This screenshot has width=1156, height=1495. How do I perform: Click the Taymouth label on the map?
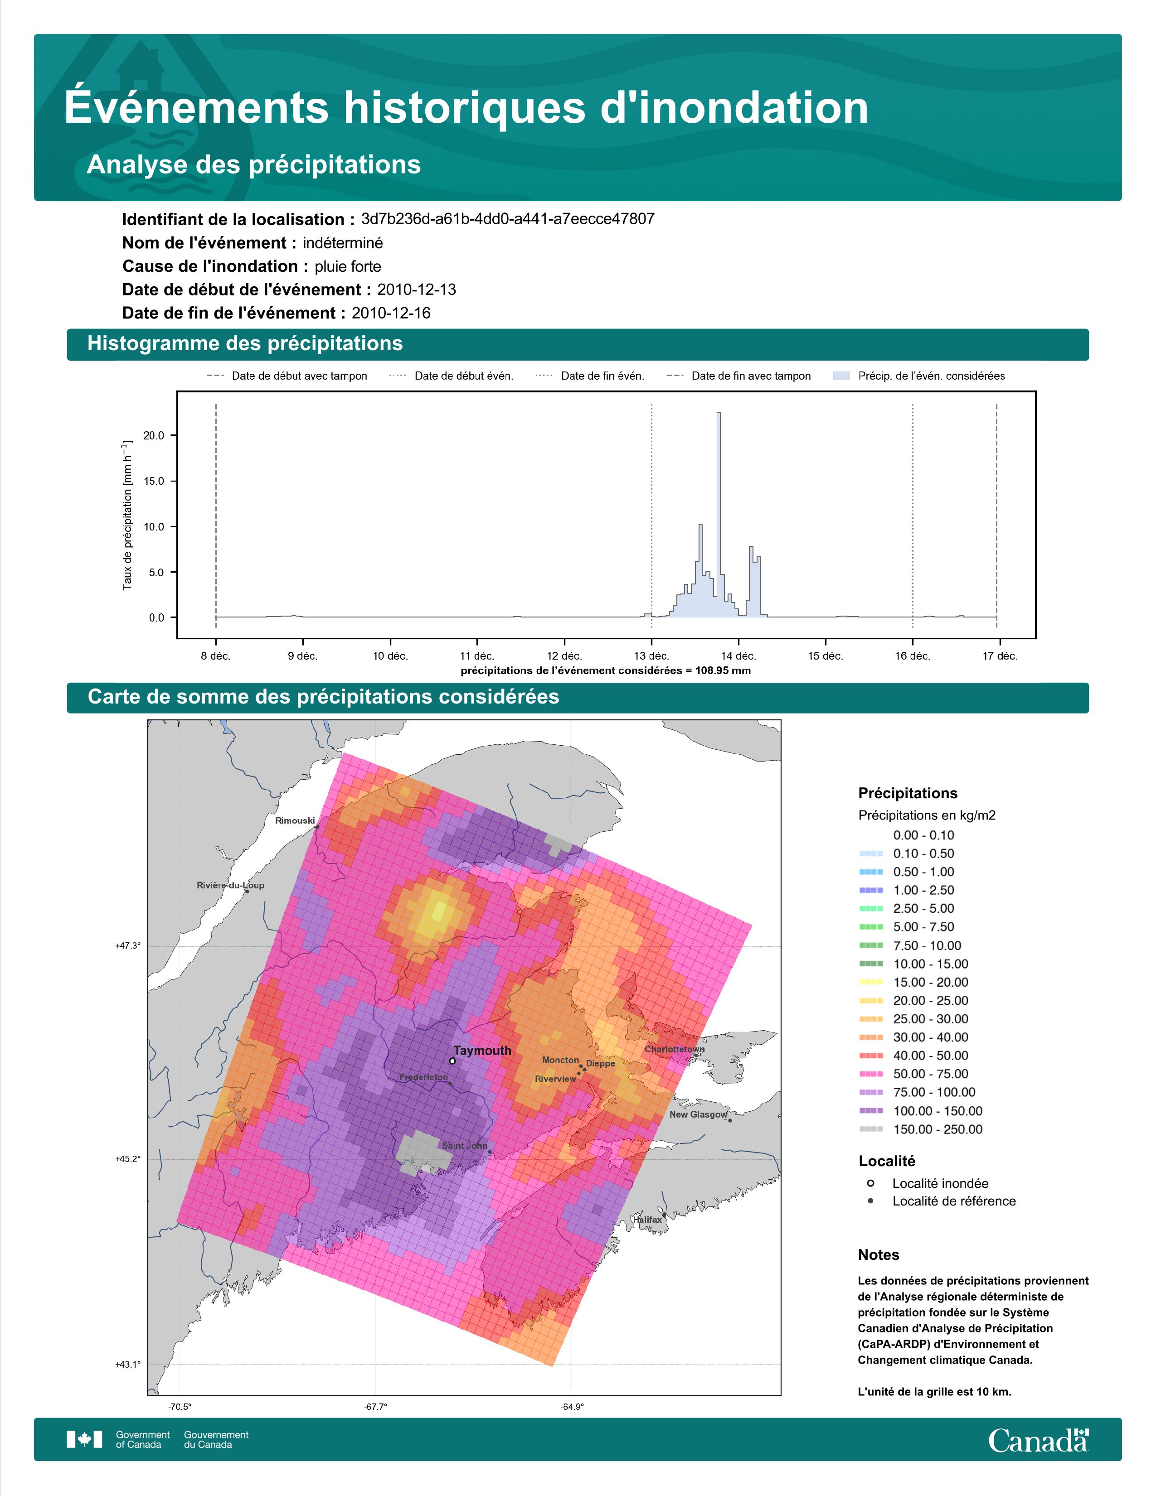(x=482, y=1051)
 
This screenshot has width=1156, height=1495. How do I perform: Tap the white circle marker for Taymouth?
(x=452, y=1061)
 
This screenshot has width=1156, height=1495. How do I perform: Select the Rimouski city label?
(x=295, y=821)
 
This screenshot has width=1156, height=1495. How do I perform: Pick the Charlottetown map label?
(x=675, y=1049)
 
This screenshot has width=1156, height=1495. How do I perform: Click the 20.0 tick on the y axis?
(x=155, y=435)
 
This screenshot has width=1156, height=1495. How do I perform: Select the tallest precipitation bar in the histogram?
(x=719, y=515)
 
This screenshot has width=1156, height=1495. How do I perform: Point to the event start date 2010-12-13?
(x=416, y=289)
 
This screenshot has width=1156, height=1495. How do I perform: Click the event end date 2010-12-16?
(x=391, y=313)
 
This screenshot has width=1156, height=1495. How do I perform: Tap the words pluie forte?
(x=348, y=266)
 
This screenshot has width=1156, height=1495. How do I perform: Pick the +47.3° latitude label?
(x=127, y=946)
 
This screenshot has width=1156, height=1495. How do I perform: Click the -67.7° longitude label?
(x=375, y=1407)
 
